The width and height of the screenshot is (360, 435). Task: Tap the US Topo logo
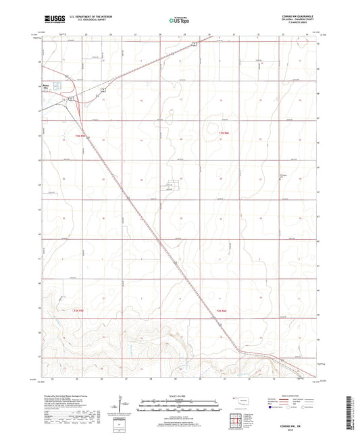tap(179, 20)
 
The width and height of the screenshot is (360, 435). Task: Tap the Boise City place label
tap(46, 86)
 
